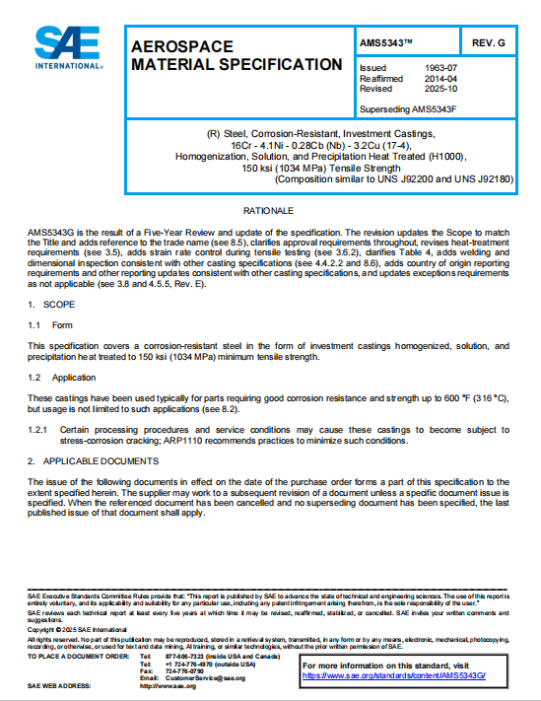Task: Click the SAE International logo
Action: [68, 45]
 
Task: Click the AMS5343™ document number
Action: [386, 42]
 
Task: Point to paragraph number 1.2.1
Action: [37, 430]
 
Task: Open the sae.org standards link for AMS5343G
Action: [384, 675]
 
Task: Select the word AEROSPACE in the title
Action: [182, 46]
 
